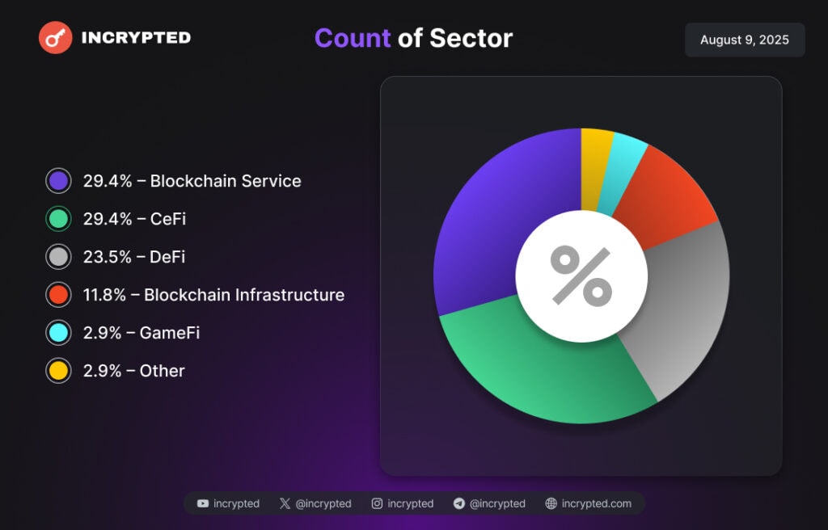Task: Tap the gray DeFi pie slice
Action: coord(687,315)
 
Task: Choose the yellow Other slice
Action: coord(597,149)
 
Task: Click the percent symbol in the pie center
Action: coord(581,276)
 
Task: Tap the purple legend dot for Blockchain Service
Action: coord(58,181)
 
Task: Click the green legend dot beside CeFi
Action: coord(58,219)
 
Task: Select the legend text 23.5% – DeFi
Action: coord(133,257)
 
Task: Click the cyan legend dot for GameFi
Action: coord(58,333)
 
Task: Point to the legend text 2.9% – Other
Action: coord(133,371)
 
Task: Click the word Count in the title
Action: coord(352,38)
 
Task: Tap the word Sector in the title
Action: coord(471,38)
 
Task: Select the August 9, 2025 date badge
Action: coord(744,40)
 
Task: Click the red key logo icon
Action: coord(56,37)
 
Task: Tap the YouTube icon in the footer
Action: coord(203,503)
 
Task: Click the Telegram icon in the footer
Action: coord(459,503)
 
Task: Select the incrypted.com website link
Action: coord(596,503)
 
